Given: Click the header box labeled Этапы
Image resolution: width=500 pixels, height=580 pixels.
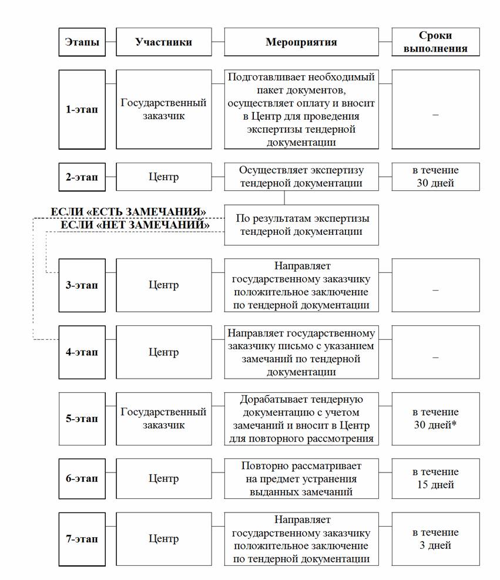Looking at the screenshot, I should (82, 42).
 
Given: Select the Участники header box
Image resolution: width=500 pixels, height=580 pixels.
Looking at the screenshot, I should (163, 42).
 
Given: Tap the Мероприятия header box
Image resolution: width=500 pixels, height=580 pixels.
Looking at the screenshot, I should (301, 42).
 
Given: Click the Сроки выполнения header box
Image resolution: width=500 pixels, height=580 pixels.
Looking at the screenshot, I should (435, 42).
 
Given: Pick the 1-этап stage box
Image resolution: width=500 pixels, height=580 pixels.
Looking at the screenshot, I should (82, 109).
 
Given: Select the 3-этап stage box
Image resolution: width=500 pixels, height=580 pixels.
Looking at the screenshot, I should (82, 285).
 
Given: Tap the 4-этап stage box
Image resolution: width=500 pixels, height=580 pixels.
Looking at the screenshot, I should (82, 352).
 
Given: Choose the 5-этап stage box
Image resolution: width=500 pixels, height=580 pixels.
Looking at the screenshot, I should (82, 419).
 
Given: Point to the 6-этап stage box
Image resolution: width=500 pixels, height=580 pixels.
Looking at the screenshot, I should (82, 478).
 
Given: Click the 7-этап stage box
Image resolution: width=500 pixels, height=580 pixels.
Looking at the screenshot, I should (82, 538).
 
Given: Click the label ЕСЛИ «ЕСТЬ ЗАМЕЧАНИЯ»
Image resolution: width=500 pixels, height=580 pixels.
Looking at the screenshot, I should (129, 211).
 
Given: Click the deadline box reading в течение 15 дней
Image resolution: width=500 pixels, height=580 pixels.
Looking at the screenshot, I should (435, 478).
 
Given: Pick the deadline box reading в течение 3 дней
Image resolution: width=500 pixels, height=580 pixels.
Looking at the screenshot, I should (435, 538).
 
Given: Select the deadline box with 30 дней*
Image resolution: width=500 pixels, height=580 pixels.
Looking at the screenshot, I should (435, 419).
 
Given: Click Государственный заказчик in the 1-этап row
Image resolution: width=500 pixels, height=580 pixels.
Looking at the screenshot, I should (163, 109).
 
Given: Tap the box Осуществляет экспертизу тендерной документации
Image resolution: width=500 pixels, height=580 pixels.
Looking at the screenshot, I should (301, 177).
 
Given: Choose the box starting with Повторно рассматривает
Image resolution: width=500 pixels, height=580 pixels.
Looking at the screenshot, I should (301, 478).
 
